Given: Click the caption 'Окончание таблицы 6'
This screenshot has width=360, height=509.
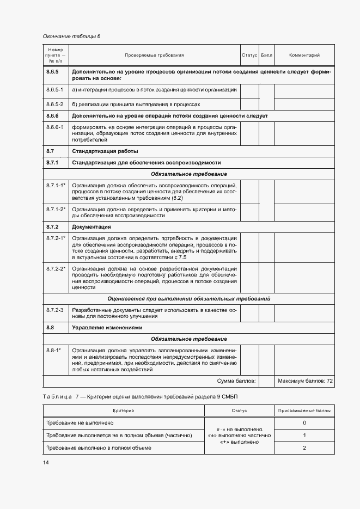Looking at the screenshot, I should pos(71,36).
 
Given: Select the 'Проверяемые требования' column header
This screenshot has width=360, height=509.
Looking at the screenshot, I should pos(154,56).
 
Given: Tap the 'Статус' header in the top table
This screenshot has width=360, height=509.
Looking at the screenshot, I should pos(249,56).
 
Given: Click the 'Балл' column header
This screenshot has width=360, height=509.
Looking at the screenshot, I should pos(266,56).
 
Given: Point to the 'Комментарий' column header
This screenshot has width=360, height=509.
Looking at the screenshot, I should pos(304,56).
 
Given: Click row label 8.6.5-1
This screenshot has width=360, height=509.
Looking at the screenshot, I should pos(55,89).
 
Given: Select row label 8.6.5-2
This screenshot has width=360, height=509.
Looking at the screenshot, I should pos(55,103).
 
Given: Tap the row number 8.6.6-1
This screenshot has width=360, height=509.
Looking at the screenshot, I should pos(55,127).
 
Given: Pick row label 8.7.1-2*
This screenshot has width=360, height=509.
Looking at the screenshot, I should pos(56,210).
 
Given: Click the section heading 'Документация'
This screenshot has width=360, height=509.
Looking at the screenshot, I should pos(91,226).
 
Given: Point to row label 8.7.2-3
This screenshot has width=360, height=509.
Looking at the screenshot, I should pos(55,310).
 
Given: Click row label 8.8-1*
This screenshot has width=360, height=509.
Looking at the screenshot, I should pos(53,351).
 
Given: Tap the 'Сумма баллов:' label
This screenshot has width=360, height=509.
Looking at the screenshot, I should pos(236,381).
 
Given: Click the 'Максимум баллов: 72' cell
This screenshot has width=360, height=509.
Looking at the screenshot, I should pos(304,381).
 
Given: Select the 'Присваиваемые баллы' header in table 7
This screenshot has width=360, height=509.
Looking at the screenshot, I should pos(304,411).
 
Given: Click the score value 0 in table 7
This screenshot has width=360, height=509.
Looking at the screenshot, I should pos(304,423).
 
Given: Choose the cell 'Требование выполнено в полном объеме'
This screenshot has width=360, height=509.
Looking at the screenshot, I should pos(99,447).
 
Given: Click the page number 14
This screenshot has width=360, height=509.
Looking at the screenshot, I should pos(46,462).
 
